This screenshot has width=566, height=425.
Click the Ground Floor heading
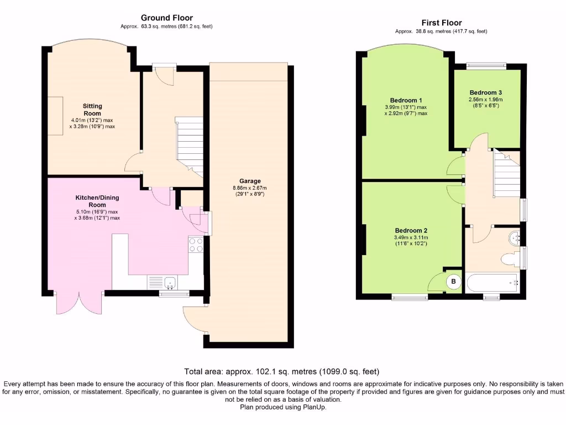[x=167, y=18]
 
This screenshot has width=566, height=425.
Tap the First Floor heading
[x=442, y=23]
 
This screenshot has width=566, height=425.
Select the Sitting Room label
[x=92, y=110]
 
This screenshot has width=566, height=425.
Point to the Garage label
[x=250, y=181]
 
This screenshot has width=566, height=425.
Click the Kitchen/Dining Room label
[x=97, y=201]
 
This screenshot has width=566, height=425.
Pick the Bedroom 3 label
[x=485, y=92]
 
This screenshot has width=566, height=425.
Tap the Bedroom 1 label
[x=406, y=100]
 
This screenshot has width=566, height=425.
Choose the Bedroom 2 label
[x=411, y=231]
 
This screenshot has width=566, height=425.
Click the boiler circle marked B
[x=453, y=282]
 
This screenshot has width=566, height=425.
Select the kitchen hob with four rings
[x=196, y=245]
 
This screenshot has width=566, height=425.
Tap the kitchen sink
[x=170, y=282]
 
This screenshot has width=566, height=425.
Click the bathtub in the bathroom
[x=492, y=283]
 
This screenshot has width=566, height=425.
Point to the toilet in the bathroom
[x=510, y=260]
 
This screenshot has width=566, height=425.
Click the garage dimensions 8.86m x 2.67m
[x=250, y=188]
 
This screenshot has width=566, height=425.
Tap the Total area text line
[x=281, y=371]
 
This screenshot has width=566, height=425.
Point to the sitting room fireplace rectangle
[x=55, y=116]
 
